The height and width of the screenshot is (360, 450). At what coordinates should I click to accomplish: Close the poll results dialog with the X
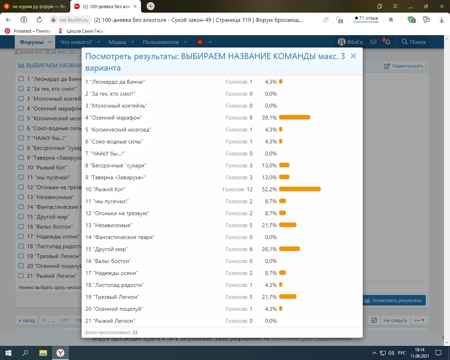point(353,56)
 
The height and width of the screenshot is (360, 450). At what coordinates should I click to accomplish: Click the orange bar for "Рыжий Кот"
point(300,189)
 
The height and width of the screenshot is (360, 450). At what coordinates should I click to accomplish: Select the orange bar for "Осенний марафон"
point(294,117)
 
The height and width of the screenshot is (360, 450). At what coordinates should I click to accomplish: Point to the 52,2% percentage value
point(269,189)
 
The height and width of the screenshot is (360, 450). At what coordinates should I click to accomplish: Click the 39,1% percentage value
point(269,118)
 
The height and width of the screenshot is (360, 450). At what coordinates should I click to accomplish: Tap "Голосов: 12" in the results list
point(238,189)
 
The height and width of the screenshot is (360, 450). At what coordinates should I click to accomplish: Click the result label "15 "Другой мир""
point(107,249)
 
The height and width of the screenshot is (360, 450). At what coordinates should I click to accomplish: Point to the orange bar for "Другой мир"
point(289,249)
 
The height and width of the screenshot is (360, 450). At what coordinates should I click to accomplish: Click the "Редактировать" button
point(404,66)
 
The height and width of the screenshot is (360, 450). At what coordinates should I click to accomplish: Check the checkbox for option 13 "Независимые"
point(21,197)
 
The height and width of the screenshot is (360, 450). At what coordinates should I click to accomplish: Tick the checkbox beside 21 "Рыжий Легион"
point(21,276)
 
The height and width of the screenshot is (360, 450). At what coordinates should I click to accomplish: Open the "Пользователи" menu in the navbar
point(161,42)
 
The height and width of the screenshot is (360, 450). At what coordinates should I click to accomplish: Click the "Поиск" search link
point(414,42)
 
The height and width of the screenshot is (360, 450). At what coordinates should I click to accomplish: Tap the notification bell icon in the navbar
point(387,42)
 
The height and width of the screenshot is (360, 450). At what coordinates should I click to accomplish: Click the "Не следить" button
point(395,320)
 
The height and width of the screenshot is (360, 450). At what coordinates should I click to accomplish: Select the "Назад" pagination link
point(27,320)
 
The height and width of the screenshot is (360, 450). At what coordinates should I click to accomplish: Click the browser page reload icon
point(39,20)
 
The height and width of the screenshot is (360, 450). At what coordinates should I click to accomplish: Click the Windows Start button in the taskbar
point(8,353)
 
